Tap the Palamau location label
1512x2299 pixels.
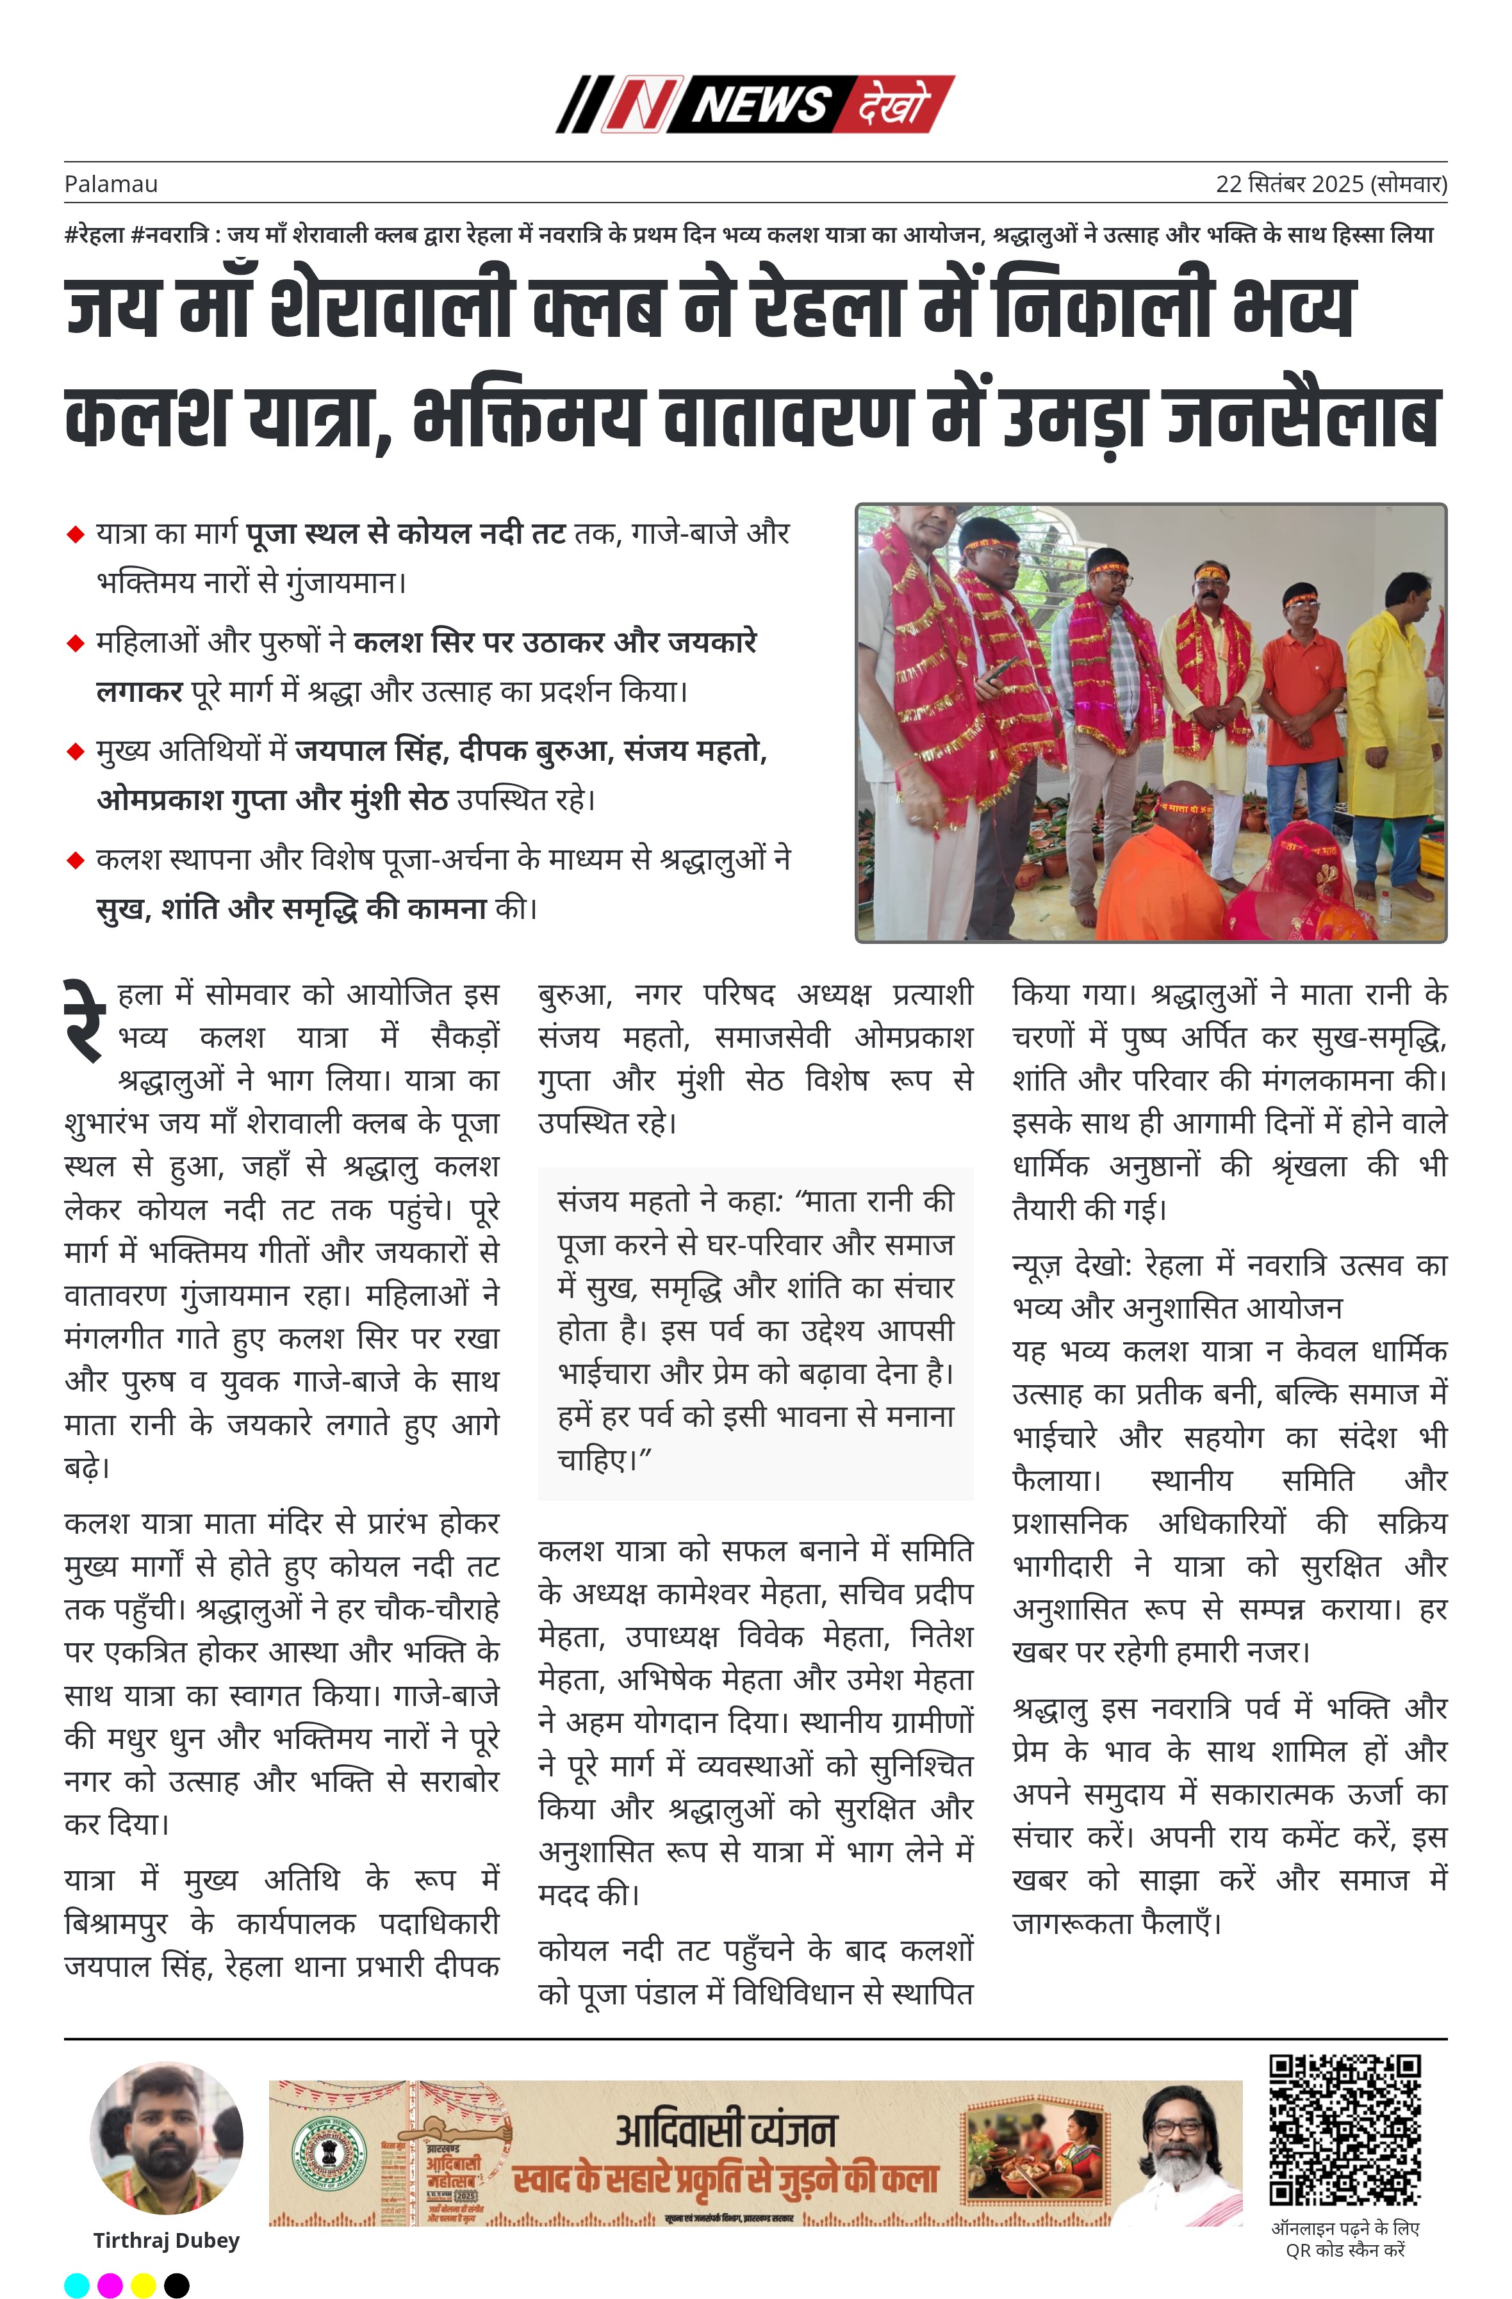click(x=111, y=184)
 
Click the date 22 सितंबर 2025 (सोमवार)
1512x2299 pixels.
click(x=1330, y=184)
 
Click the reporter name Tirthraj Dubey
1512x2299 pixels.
click(x=166, y=2240)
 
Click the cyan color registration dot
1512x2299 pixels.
click(x=76, y=2284)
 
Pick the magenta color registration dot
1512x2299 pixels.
click(x=110, y=2284)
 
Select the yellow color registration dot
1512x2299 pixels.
click(x=143, y=2284)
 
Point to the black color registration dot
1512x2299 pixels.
click(x=177, y=2284)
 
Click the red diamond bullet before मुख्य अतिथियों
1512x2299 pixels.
click(x=76, y=752)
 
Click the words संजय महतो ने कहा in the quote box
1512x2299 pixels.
click(x=667, y=1201)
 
